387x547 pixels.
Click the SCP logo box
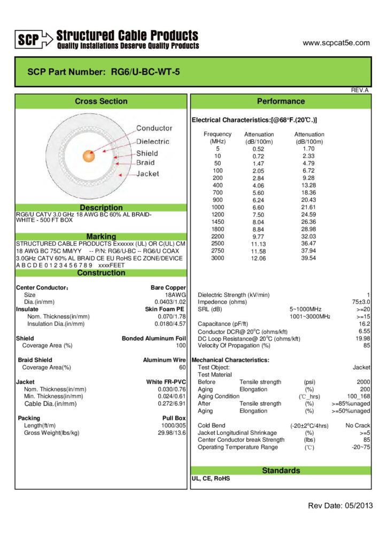coord(27,38)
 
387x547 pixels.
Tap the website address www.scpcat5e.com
coord(336,43)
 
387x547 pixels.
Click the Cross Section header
coord(101,101)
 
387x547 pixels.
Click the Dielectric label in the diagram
coord(152,142)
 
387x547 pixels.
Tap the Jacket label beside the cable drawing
coord(148,174)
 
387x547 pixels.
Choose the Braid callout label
coord(145,163)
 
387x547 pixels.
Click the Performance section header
coord(281,101)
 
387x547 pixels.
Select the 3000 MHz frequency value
coord(218,258)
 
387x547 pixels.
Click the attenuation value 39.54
coord(308,258)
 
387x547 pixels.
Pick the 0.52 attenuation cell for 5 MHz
coord(258,149)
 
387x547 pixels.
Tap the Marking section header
coord(101,236)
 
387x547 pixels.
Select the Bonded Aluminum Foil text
coord(154,338)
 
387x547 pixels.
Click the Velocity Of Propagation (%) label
coord(234,346)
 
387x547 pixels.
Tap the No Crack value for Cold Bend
coord(358,426)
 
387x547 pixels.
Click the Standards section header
coord(281,471)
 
